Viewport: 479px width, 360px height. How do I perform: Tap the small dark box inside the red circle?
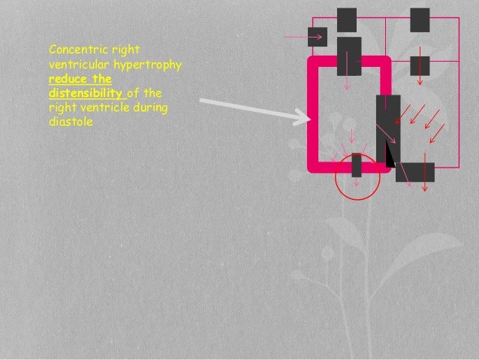coord(357,165)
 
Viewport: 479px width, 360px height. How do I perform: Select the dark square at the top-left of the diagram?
coord(346,20)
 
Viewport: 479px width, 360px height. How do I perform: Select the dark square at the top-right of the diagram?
coord(420,20)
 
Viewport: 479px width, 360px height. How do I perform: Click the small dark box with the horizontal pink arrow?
coord(318,36)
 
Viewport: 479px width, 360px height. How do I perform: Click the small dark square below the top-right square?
coord(420,65)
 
